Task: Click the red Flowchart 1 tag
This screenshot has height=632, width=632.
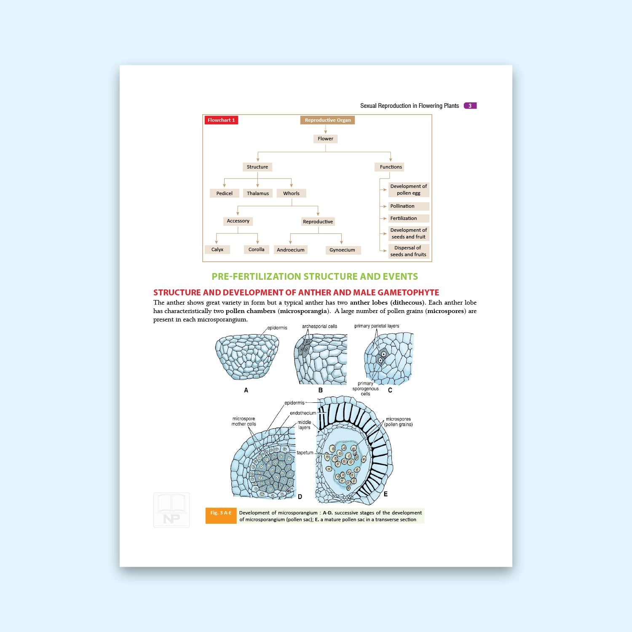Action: [x=221, y=120]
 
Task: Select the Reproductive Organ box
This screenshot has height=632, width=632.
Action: [x=327, y=120]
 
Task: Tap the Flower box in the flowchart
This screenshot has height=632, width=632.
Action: [x=325, y=139]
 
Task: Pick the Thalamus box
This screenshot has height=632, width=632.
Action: [x=257, y=193]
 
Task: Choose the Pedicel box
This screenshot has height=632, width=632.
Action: [x=224, y=193]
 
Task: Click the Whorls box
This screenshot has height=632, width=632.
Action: [x=291, y=193]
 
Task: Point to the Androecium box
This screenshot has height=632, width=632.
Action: [x=290, y=250]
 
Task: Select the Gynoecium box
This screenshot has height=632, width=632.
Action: [x=342, y=250]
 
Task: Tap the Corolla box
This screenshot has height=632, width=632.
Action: [x=256, y=249]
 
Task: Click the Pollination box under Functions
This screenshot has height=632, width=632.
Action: [x=408, y=206]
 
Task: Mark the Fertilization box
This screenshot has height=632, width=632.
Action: [x=408, y=218]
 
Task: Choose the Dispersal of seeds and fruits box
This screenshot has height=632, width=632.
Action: [x=408, y=251]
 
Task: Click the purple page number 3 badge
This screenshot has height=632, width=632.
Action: [x=470, y=106]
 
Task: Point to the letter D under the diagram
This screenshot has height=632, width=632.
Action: [x=300, y=497]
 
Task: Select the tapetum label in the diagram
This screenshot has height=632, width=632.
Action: [x=305, y=453]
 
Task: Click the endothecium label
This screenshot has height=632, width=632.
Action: [x=303, y=413]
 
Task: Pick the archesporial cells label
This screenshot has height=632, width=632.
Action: [x=319, y=327]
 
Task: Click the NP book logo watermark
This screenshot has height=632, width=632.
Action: [x=171, y=510]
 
